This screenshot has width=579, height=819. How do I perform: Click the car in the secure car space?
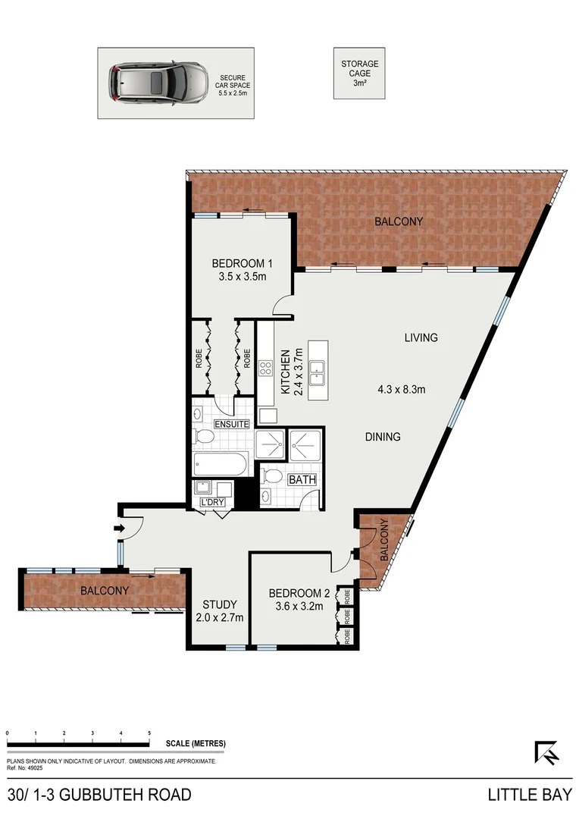[x=158, y=83]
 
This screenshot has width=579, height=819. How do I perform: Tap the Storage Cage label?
[x=358, y=73]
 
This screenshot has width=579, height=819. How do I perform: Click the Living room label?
[x=421, y=337]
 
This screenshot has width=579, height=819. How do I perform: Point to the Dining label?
[x=382, y=437]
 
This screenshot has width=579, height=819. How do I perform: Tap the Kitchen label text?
[x=286, y=372]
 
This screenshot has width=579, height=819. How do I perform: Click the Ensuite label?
[x=232, y=424]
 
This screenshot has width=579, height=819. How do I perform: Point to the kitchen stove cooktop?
[x=267, y=369]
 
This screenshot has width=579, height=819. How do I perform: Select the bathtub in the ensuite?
[x=221, y=464]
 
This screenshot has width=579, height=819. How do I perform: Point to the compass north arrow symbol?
[x=546, y=752]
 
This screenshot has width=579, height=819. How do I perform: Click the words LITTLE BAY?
[x=528, y=795]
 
